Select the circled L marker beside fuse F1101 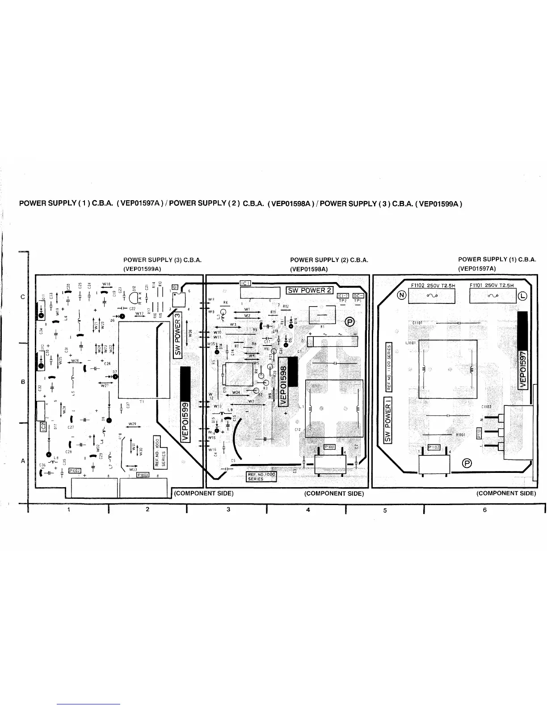523,295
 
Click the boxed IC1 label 246,283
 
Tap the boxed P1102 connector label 434,447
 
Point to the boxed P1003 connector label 143,475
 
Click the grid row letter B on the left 22,382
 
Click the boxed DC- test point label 358,295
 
